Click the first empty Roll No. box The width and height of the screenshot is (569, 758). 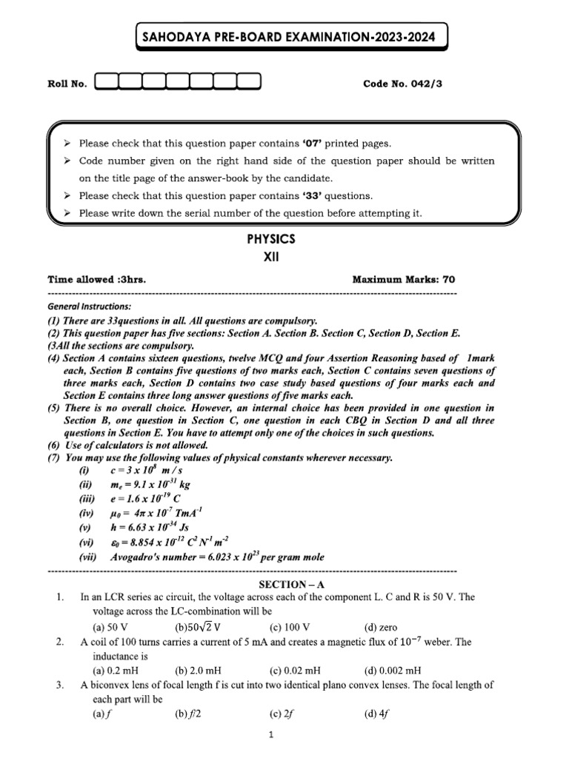pos(107,83)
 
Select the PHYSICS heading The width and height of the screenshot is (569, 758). pos(270,239)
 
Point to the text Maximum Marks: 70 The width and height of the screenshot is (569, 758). pos(404,279)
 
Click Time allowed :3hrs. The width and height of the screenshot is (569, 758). pos(97,279)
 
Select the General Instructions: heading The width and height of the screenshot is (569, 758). pos(89,306)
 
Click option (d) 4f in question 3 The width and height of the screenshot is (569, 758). pos(372,714)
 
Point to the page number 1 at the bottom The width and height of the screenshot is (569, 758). pos(271,735)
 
